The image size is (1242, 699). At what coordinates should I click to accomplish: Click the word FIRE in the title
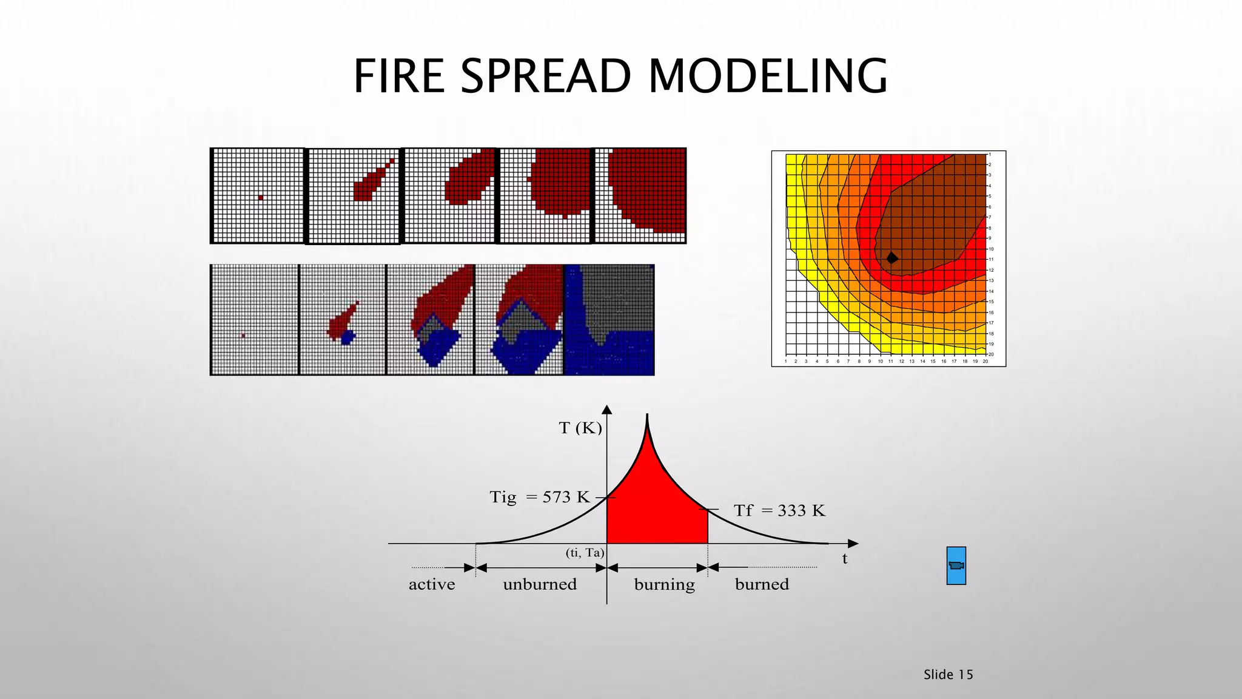coord(398,76)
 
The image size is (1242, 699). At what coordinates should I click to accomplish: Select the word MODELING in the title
coord(768,76)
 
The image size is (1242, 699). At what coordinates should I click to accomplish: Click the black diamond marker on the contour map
coord(892,258)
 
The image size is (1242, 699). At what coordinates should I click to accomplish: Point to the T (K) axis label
coord(580,428)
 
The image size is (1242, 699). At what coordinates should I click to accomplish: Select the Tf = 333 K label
coord(779,511)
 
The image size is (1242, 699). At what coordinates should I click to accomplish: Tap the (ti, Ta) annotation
coord(585,553)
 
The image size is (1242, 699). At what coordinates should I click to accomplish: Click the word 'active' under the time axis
coord(432,584)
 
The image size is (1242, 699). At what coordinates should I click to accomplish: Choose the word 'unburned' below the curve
coord(540,584)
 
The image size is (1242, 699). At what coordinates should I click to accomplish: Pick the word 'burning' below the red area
coord(664,584)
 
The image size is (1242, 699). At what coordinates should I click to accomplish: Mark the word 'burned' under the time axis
coord(762,584)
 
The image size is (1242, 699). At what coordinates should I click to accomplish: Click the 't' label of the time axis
coord(845,559)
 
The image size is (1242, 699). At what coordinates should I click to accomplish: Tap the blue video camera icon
coord(956,566)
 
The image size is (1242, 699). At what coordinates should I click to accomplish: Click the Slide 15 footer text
coord(948,675)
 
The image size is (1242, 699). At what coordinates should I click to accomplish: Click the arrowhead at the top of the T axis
coord(607,410)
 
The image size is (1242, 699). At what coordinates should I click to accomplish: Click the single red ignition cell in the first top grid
coord(261,198)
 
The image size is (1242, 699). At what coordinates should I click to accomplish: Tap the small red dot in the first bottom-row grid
coord(243,335)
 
